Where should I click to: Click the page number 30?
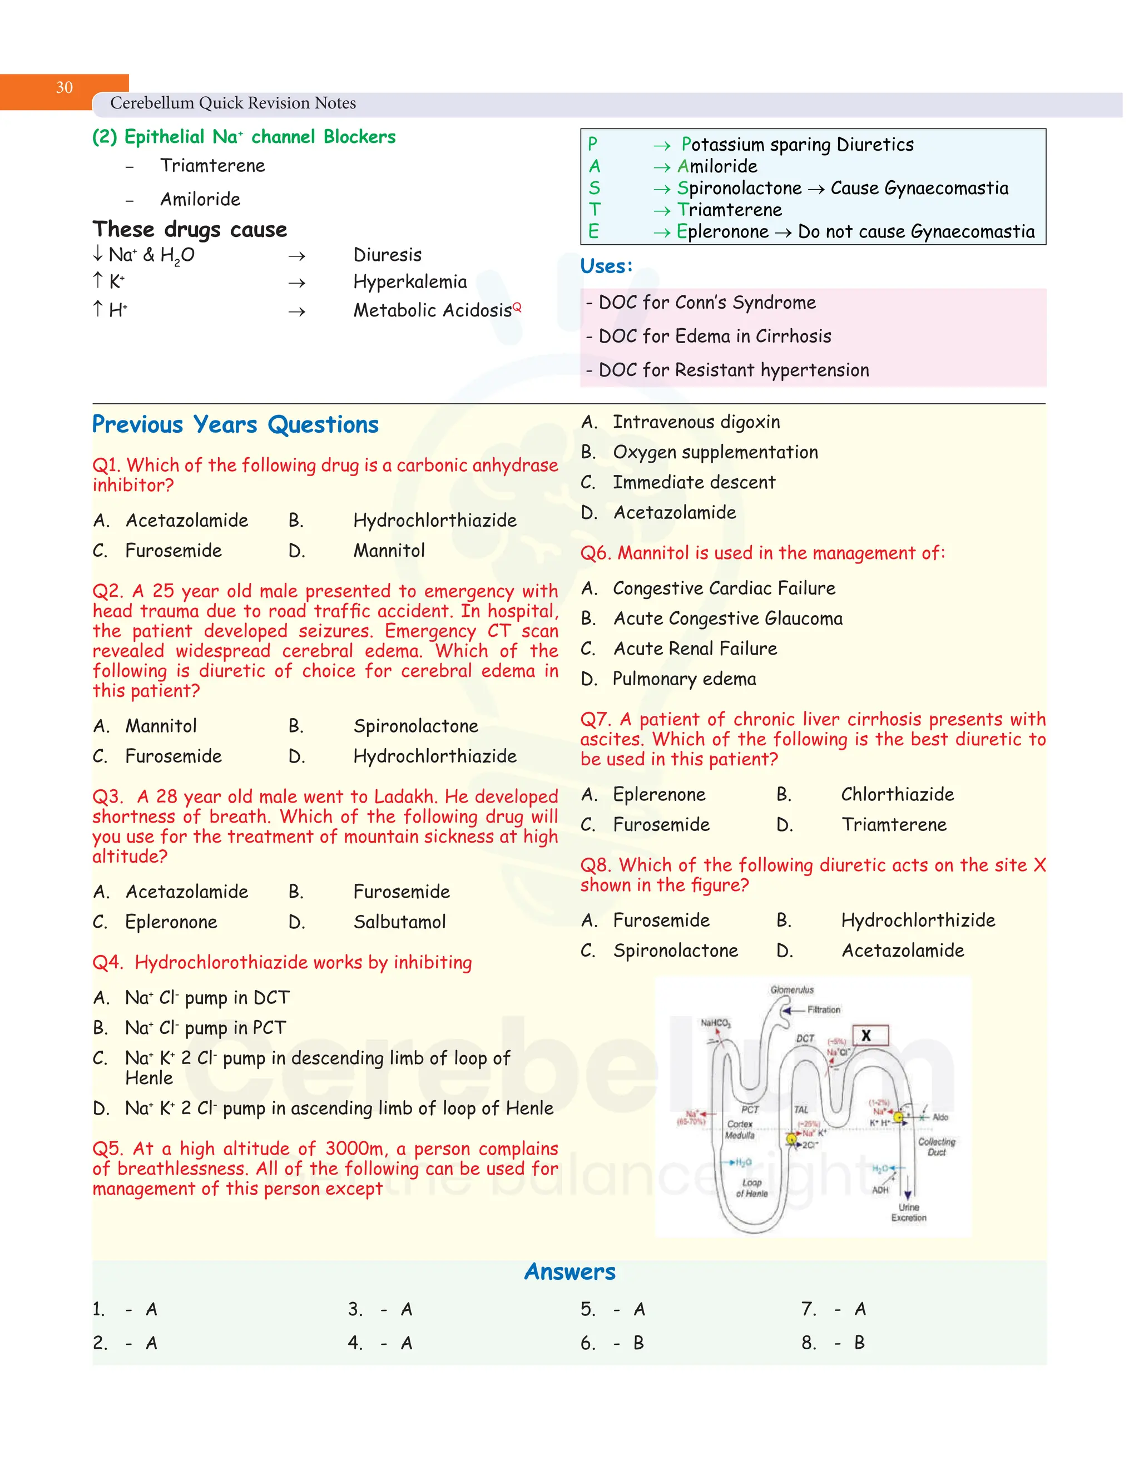tap(65, 88)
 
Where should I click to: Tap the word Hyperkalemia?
tap(409, 282)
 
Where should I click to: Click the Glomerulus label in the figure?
tap(791, 990)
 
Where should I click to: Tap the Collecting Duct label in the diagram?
tap(937, 1146)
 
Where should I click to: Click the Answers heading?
tap(569, 1272)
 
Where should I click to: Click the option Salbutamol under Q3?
tap(399, 922)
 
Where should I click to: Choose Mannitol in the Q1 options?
tap(389, 551)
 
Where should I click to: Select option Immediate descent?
tap(694, 482)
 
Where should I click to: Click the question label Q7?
tap(595, 719)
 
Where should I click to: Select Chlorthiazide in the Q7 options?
tap(897, 794)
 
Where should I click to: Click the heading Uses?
tap(606, 266)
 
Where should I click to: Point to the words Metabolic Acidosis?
tap(432, 310)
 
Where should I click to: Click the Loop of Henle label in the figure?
tap(752, 1188)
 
